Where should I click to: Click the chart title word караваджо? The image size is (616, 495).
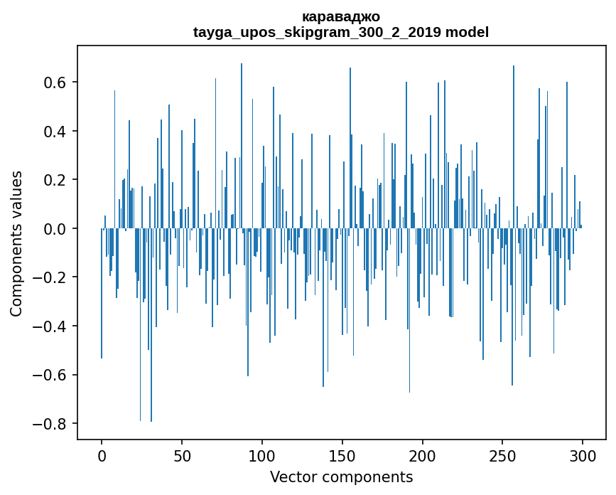coord(340,17)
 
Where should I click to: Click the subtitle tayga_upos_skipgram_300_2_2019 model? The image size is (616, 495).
coord(340,32)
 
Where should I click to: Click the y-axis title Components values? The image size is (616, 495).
coord(16,243)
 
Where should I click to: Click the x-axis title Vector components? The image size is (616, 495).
coord(341,477)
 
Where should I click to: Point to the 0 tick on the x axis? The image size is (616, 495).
coord(102,456)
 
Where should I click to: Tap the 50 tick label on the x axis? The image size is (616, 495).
coord(182,456)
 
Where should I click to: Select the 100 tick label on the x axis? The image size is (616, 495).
coord(262,456)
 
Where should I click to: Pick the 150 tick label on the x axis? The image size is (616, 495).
coord(342,456)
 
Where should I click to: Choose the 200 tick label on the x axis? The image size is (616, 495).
coord(423,456)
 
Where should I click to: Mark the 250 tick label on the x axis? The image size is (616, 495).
coord(503,456)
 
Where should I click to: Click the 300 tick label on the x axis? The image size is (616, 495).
coord(583,456)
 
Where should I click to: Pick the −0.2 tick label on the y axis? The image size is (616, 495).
coord(50,277)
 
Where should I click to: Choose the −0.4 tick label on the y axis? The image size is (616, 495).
coord(50,326)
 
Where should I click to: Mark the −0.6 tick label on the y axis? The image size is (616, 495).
coord(50,375)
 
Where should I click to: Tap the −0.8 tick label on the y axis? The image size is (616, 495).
coord(50,424)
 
